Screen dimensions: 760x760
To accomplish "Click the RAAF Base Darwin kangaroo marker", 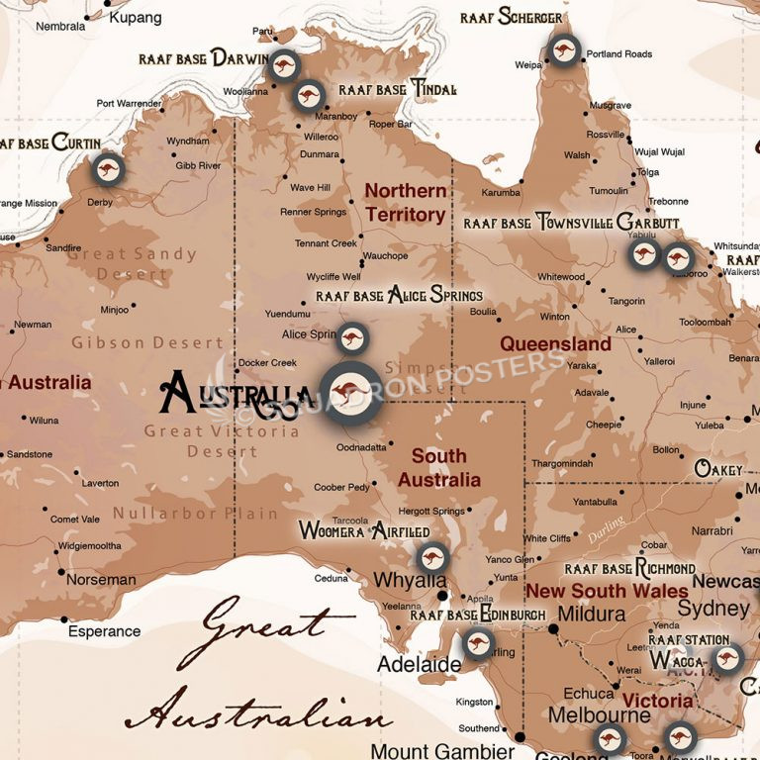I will pos(284,66).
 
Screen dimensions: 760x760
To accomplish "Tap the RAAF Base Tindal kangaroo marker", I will pos(310,96).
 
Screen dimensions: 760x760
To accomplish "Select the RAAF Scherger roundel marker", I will pos(564,50).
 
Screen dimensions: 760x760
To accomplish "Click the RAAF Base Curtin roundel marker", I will pos(108,169).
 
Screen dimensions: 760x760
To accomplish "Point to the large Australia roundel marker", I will pos(349,392).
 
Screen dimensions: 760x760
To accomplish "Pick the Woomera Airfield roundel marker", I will pos(431,559).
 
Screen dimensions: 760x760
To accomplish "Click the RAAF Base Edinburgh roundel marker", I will pos(478,643).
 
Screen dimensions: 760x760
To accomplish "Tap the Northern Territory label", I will pos(406,203).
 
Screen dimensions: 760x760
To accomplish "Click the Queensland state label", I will pos(555,344).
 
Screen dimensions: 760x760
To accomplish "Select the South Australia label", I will pos(439,468).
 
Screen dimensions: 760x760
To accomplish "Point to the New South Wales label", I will pos(607,591).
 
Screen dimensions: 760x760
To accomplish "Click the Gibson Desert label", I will pos(147,343).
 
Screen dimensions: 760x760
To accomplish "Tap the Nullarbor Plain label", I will pos(195,514).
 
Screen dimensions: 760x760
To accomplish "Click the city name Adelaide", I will pos(419,664).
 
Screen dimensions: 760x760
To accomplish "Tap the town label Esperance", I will pos(104,631).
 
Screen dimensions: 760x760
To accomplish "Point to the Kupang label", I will pos(136,18).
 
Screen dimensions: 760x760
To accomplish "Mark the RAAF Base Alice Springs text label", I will pos(400,295).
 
